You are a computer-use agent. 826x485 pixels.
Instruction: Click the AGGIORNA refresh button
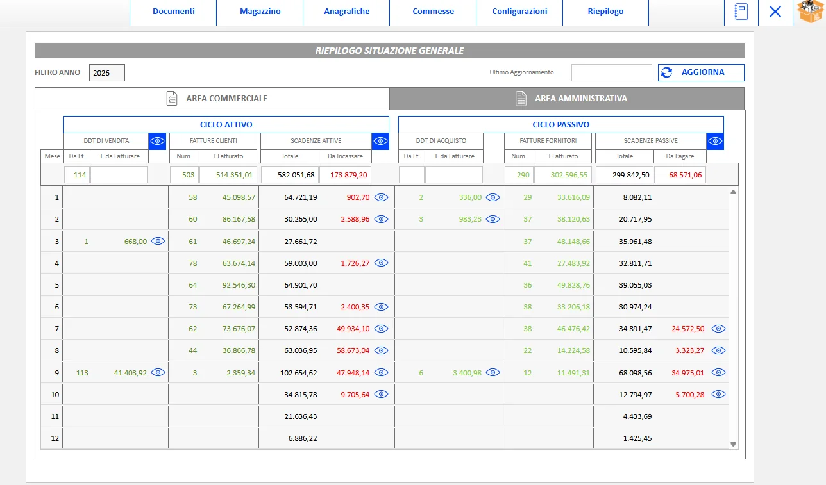(701, 72)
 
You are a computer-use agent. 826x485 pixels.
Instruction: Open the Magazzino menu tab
(260, 12)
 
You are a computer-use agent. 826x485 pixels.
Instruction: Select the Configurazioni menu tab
(519, 12)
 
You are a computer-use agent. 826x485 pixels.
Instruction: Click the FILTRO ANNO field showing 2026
(107, 73)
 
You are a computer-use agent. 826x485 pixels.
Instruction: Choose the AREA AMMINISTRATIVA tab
(567, 99)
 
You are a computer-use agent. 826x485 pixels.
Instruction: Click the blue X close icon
(775, 12)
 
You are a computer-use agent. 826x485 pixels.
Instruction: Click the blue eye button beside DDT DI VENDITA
(157, 141)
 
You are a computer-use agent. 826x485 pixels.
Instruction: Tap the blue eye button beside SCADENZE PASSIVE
(715, 141)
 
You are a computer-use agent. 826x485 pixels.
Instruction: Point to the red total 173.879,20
(348, 175)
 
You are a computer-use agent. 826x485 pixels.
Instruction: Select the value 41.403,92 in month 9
(130, 373)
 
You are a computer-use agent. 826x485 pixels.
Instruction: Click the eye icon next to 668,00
(158, 241)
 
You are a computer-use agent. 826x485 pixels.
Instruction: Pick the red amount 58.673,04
(353, 350)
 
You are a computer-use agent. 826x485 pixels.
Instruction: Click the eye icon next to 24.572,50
(718, 329)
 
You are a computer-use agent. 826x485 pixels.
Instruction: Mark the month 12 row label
(55, 438)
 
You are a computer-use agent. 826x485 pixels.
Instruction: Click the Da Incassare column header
(345, 156)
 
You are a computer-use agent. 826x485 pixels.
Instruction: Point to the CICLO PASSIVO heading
(560, 125)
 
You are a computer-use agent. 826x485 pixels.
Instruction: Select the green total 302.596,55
(569, 175)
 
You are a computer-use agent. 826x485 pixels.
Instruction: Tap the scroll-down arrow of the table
(733, 445)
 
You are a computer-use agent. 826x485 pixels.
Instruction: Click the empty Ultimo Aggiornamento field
(611, 72)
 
